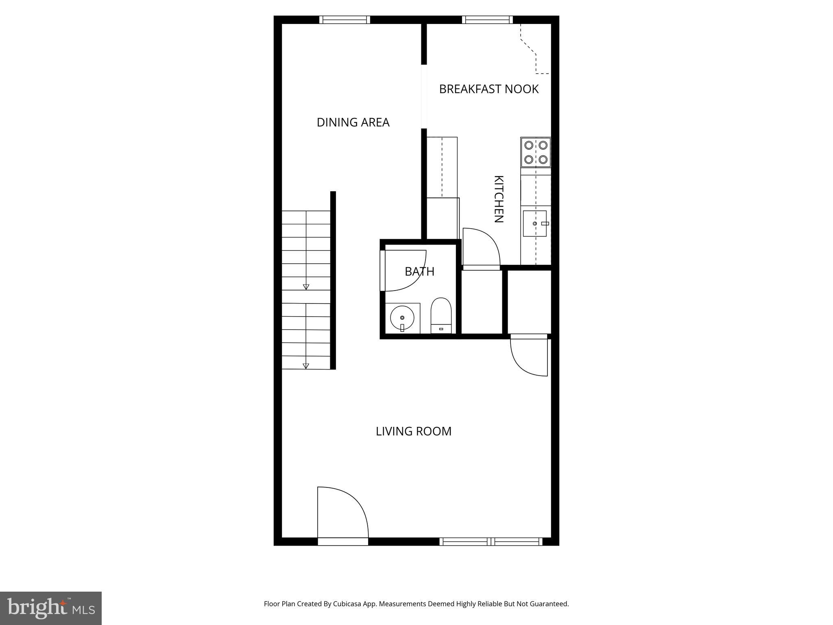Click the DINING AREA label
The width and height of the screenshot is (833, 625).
click(353, 122)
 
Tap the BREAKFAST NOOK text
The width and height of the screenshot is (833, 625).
click(488, 89)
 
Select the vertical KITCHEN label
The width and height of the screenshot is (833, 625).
click(499, 199)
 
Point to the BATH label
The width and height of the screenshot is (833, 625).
click(419, 271)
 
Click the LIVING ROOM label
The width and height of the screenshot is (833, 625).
click(413, 431)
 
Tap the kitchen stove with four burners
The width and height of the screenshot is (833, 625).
click(536, 152)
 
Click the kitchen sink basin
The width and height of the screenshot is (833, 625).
click(534, 223)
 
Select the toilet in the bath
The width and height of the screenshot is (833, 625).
click(441, 316)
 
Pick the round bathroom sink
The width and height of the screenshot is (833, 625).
click(402, 318)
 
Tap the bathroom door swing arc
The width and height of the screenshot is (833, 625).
click(405, 271)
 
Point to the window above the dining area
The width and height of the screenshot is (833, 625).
click(345, 20)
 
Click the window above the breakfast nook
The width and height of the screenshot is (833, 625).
click(487, 20)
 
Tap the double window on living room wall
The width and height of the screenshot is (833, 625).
click(491, 542)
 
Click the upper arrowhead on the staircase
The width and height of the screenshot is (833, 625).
click(306, 287)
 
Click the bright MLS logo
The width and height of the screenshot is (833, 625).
click(51, 608)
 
